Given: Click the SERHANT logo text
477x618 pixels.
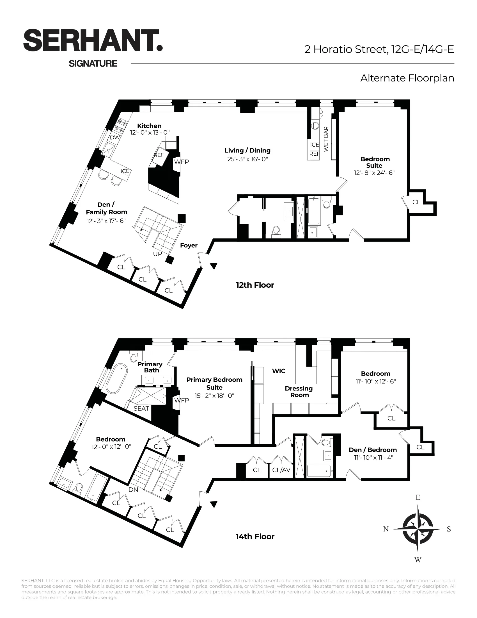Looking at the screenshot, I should click(x=93, y=40).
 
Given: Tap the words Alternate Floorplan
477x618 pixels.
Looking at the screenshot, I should click(x=407, y=78).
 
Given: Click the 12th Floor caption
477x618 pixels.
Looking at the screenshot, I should click(x=255, y=285).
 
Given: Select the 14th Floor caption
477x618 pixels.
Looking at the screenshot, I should click(x=255, y=537).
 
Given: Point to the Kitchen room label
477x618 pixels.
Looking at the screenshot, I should click(x=149, y=126).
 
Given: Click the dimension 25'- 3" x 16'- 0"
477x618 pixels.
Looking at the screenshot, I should click(x=247, y=159).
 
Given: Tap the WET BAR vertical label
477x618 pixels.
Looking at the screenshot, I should click(x=326, y=139).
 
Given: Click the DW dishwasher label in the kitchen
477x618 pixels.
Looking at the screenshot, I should click(x=115, y=138).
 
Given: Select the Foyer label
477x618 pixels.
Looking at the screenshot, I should click(x=189, y=245).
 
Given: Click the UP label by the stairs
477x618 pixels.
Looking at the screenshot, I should click(x=157, y=254).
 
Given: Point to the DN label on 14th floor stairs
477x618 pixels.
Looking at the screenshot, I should click(x=133, y=489).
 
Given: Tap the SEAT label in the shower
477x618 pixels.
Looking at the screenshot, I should click(x=141, y=408).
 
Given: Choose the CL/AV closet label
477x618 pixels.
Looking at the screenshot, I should click(x=281, y=470).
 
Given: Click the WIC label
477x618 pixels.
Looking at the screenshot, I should click(x=279, y=371).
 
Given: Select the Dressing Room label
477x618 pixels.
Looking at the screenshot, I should click(x=299, y=392).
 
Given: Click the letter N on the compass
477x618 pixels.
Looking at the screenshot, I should click(x=386, y=529).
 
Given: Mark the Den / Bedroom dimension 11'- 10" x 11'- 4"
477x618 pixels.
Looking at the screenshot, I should click(x=373, y=458).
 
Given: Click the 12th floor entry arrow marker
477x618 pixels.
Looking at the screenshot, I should click(x=214, y=266).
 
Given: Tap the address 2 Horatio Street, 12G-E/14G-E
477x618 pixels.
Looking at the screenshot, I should click(x=379, y=49).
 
